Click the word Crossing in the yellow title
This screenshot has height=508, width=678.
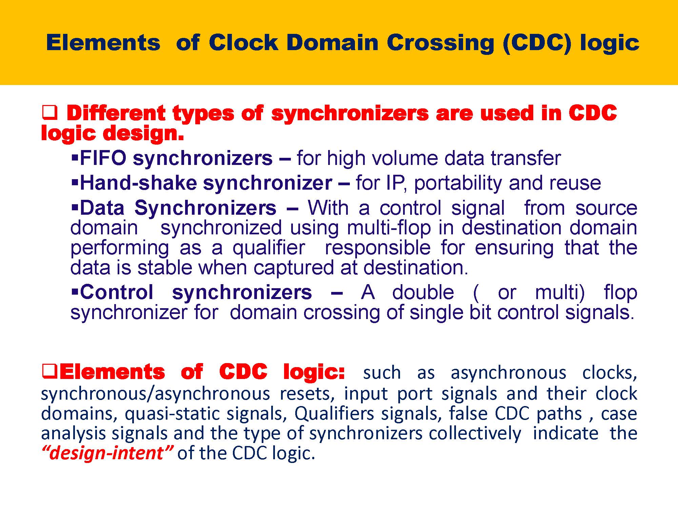pos(441,43)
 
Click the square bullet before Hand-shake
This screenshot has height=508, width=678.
pos(75,183)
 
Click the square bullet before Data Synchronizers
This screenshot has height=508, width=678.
pos(75,207)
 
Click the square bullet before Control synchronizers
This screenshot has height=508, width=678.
pos(75,292)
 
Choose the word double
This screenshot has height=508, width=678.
pos(423,292)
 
